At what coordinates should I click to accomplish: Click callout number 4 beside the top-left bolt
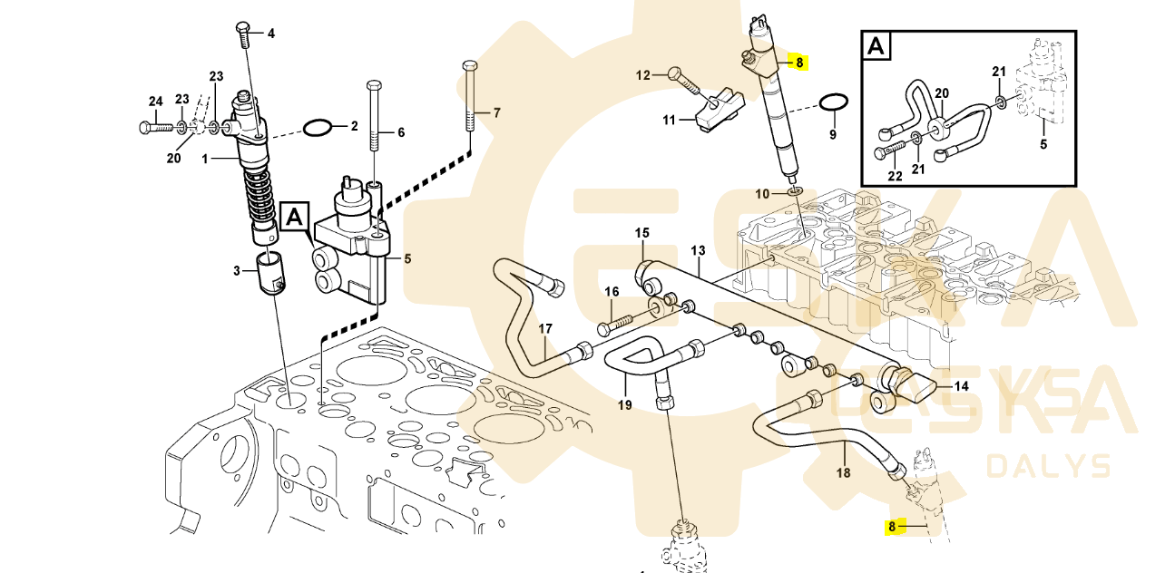pyautogui.click(x=270, y=34)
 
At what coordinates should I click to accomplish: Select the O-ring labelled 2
pyautogui.click(x=317, y=128)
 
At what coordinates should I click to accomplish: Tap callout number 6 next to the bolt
pyautogui.click(x=400, y=132)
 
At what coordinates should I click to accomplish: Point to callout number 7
pyautogui.click(x=496, y=113)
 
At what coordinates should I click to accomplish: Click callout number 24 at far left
pyautogui.click(x=155, y=101)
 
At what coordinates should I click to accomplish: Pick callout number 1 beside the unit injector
pyautogui.click(x=205, y=159)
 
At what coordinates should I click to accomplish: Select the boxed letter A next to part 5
pyautogui.click(x=294, y=217)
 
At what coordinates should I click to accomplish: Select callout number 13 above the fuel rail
pyautogui.click(x=698, y=249)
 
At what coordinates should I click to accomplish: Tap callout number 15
pyautogui.click(x=642, y=233)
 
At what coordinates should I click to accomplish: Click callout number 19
pyautogui.click(x=624, y=405)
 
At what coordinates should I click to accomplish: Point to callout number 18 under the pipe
pyautogui.click(x=843, y=472)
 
